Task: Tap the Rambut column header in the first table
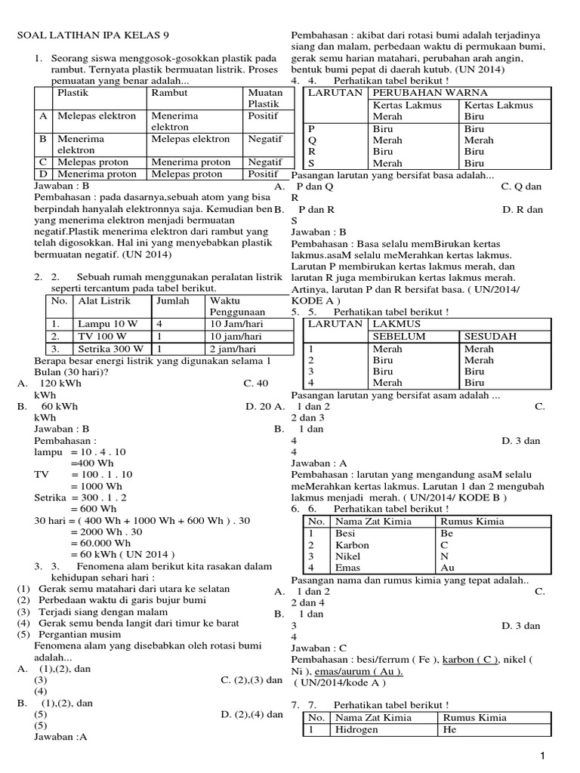tap(170, 92)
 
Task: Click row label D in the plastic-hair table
tap(43, 174)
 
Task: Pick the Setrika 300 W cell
tap(110, 350)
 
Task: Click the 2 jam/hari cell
tap(235, 350)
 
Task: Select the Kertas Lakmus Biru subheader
tap(498, 111)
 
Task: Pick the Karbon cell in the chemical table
tap(352, 545)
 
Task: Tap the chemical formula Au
tap(446, 568)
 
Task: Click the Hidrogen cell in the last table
tap(359, 730)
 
